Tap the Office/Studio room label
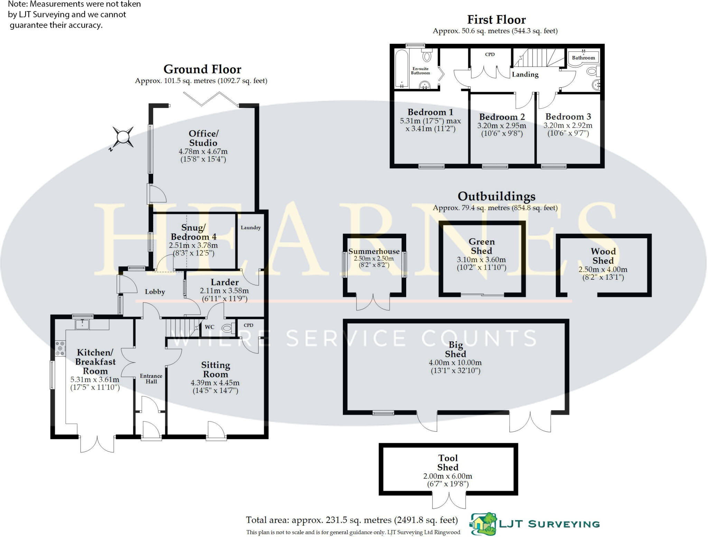click(203, 138)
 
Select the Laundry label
click(251, 227)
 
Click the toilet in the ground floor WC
click(227, 328)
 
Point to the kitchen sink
click(83, 324)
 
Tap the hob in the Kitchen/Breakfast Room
click(60, 348)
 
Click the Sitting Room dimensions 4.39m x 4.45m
click(215, 383)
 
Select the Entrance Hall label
click(151, 378)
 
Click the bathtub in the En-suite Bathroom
click(402, 69)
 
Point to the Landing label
click(525, 74)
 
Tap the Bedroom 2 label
click(502, 117)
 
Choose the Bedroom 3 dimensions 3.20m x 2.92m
click(568, 125)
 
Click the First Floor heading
click(496, 19)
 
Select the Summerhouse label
click(374, 251)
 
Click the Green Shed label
click(482, 246)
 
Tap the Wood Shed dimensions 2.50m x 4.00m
click(603, 269)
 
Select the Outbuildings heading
click(496, 196)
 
